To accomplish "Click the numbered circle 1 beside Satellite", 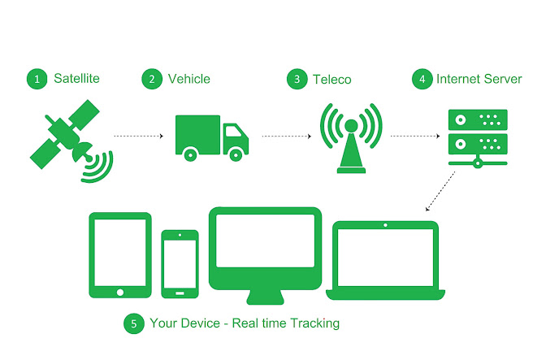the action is [x=36, y=79].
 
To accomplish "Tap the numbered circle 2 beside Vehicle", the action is [x=150, y=79].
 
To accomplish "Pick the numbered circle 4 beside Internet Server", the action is [x=422, y=79].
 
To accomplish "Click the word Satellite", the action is [x=76, y=79].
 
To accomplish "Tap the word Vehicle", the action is [x=188, y=79].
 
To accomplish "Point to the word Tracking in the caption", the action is [x=309, y=323].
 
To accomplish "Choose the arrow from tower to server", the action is [x=415, y=136].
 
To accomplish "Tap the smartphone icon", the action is [x=180, y=262].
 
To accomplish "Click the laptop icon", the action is [x=386, y=258].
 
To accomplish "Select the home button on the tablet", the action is [x=120, y=291].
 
